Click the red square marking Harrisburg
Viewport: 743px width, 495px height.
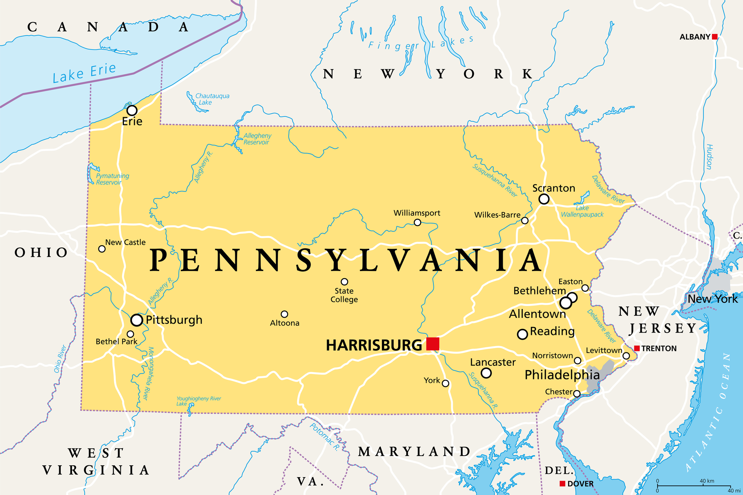[433, 343]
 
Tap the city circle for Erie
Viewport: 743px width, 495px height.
[132, 110]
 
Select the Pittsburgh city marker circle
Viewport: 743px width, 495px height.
[137, 320]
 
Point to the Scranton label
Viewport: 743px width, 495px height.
[553, 188]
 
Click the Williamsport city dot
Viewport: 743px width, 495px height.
[417, 222]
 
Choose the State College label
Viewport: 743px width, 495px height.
[344, 295]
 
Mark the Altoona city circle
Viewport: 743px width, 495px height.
[284, 314]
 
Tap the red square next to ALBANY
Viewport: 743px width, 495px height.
[715, 37]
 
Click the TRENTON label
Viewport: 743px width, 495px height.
[659, 348]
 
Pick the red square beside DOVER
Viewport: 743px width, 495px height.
[563, 483]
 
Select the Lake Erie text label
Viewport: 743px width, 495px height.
[84, 73]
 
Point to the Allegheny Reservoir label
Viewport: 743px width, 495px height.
[257, 139]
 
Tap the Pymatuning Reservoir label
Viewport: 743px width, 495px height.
[112, 179]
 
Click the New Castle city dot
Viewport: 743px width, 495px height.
[102, 249]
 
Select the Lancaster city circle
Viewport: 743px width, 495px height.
[486, 373]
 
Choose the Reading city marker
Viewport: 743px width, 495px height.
[522, 334]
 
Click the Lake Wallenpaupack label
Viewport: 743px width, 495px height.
[582, 211]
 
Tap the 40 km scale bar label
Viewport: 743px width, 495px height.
[707, 481]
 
